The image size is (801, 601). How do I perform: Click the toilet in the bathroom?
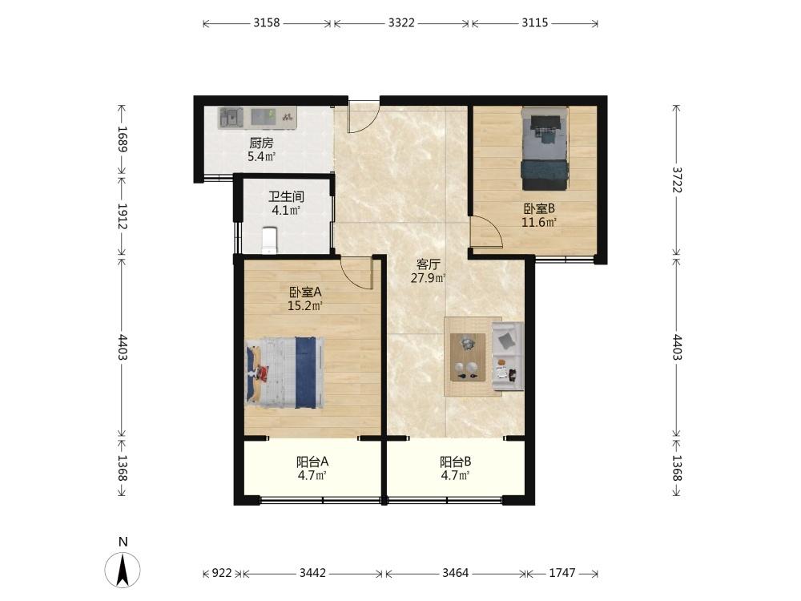coord(269,240)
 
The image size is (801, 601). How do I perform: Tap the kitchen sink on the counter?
coord(231,118)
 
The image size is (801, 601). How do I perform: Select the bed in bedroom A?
coord(286,372)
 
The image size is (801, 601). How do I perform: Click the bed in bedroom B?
coord(545,147)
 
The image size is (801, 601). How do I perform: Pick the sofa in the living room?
coord(508,356)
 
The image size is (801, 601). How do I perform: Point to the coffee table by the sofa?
coord(468,357)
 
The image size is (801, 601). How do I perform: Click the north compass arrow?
coord(123,571)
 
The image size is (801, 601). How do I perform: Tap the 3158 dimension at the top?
coord(267,23)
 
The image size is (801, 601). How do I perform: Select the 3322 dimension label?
coord(401,23)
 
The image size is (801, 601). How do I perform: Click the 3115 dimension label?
coord(535,23)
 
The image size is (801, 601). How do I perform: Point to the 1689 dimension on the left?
coord(122,139)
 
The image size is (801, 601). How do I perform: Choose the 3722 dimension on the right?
coord(677,179)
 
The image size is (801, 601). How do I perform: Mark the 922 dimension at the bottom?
coord(222,574)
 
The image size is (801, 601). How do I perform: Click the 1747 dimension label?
coord(562,574)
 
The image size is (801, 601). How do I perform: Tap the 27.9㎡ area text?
coord(428,279)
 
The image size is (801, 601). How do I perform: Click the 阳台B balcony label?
coord(456,462)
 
